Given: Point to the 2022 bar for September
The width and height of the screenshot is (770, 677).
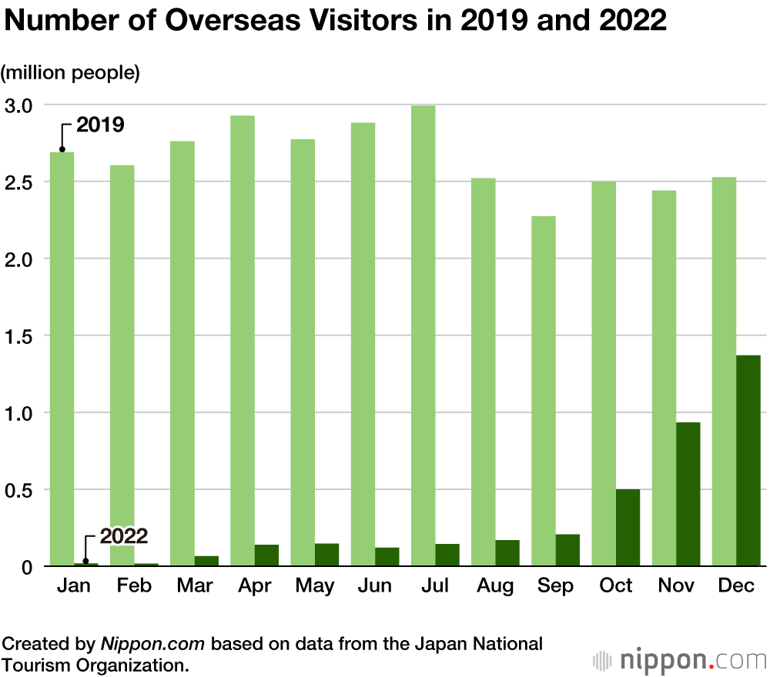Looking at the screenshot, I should point(567,550).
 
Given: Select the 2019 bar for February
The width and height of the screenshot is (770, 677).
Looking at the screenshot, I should point(122,365).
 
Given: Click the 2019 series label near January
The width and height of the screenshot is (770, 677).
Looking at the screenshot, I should point(100,125).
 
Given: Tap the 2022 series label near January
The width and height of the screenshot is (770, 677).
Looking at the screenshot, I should point(123,536).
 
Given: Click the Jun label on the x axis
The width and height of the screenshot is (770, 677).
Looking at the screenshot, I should point(375,586).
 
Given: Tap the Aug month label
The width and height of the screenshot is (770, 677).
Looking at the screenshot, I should point(495,586).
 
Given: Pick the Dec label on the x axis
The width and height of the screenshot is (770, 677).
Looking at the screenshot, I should point(736,586).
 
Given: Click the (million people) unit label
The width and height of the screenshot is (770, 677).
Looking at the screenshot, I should point(70,73).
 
